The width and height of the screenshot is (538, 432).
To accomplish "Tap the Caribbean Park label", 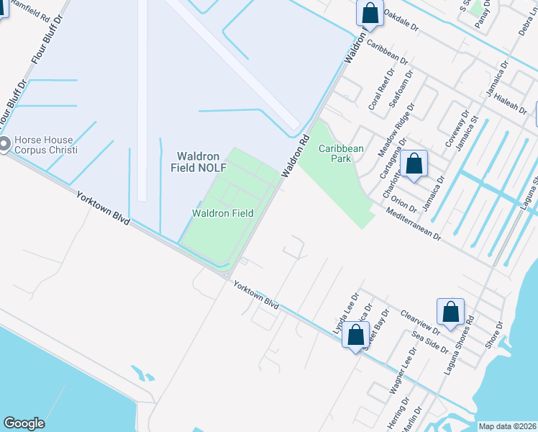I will [342, 153].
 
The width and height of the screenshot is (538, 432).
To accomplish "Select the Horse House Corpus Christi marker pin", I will [4, 145].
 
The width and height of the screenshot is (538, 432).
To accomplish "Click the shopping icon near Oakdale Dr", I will [370, 12].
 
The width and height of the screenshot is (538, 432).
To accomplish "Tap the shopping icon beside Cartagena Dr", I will [414, 163].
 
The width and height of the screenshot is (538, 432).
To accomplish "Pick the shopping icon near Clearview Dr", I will [450, 312].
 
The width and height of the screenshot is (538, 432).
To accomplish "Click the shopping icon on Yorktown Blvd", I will [355, 336].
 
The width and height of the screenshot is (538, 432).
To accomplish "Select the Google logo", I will [24, 423].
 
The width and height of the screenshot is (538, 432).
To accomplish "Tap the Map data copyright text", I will [507, 426].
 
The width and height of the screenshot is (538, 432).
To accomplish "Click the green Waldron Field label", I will [222, 213].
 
